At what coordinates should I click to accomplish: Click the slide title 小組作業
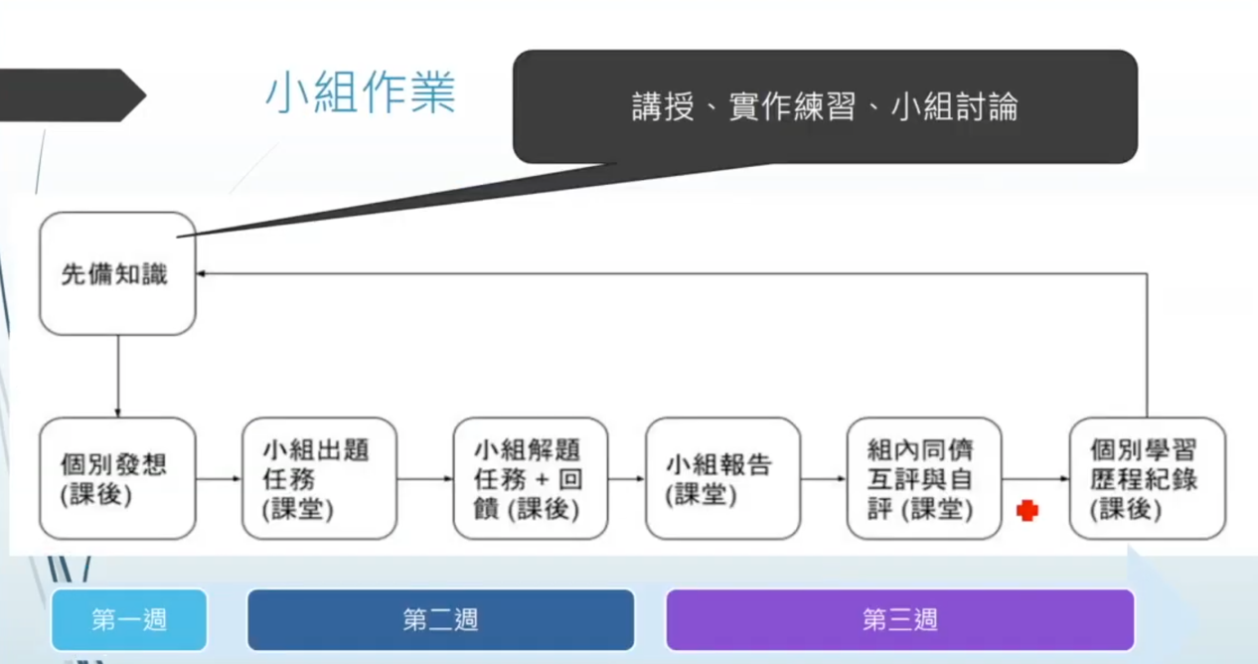click(360, 93)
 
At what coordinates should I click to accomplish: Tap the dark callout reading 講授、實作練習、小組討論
click(825, 106)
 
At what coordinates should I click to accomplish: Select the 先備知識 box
click(117, 273)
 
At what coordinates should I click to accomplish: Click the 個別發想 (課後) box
click(117, 479)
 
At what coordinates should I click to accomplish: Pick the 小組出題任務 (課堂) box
click(320, 479)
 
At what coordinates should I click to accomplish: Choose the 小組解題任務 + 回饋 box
click(531, 479)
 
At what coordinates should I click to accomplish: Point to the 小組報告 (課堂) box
click(722, 479)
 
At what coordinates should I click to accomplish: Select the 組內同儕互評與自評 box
click(924, 479)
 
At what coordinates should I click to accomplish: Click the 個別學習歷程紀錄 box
click(1148, 479)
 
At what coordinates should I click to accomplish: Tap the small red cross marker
click(1027, 511)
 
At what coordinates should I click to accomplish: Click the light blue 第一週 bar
click(129, 619)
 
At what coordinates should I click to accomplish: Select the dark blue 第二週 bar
click(441, 619)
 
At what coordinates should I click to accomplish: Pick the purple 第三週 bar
click(899, 619)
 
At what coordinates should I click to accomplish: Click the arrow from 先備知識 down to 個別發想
click(118, 377)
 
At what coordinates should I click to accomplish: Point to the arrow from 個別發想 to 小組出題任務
click(219, 479)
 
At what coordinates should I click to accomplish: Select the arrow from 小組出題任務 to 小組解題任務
click(425, 479)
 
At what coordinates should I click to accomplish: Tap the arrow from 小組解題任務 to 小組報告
click(627, 479)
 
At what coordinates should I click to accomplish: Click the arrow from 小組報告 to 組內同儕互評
click(824, 479)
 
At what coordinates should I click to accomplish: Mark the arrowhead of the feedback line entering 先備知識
click(201, 273)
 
